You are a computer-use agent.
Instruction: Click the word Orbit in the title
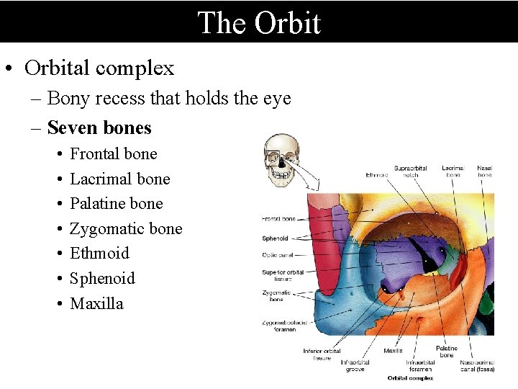point(288,23)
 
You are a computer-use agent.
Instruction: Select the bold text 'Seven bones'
point(99,128)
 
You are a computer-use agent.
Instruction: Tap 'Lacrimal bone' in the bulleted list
point(120,179)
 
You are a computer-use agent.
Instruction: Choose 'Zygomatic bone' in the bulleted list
point(126,229)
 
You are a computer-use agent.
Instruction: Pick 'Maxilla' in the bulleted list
point(96,303)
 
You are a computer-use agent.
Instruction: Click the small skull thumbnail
point(281,161)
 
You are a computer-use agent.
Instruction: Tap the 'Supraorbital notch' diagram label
point(410,171)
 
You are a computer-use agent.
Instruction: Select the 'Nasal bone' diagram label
point(484,171)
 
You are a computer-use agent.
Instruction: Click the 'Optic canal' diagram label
point(276,254)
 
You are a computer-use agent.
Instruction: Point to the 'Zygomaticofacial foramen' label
point(284,326)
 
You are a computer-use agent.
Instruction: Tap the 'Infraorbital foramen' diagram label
point(420,366)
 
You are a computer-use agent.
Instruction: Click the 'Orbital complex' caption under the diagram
point(410,378)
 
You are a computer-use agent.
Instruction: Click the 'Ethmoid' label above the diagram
point(377,174)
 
